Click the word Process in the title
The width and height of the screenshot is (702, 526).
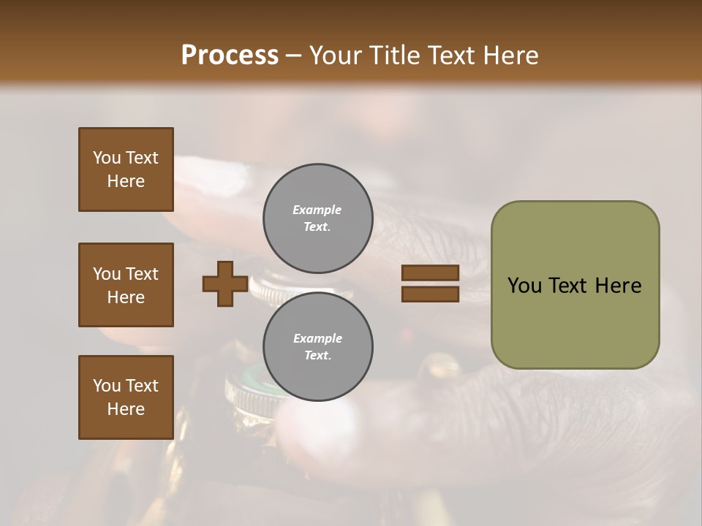coord(230,55)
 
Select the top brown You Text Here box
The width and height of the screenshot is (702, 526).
coord(126,169)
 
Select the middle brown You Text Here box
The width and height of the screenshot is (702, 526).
coord(126,285)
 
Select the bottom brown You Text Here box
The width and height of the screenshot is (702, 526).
coord(126,397)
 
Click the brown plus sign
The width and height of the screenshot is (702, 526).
coord(225,283)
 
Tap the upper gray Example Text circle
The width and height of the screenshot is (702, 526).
coord(318,218)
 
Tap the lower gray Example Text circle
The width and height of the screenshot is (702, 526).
coord(318,346)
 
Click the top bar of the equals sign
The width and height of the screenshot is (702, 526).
coord(430,273)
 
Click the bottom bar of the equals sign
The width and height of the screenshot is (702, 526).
coord(430,294)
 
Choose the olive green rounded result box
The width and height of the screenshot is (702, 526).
coord(575,285)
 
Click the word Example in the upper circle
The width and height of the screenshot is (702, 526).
coord(317,210)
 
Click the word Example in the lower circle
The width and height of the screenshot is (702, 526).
coord(317,338)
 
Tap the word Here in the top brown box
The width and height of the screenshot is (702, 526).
coord(126,181)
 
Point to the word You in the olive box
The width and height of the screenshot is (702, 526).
coord(525,286)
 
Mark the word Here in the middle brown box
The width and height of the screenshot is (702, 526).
coord(126,297)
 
